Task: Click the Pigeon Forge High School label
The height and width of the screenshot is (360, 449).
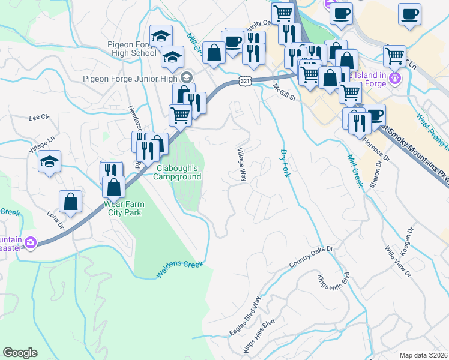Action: click(x=131, y=49)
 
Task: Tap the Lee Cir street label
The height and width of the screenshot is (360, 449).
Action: click(x=38, y=118)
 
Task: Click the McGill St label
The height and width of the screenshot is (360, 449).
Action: click(x=286, y=89)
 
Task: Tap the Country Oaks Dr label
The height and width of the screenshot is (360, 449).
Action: click(x=310, y=257)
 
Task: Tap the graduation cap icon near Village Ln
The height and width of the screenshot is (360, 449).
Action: click(x=49, y=161)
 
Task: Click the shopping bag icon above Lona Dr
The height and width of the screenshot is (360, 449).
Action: click(x=70, y=202)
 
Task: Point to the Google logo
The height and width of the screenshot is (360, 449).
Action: click(x=20, y=353)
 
